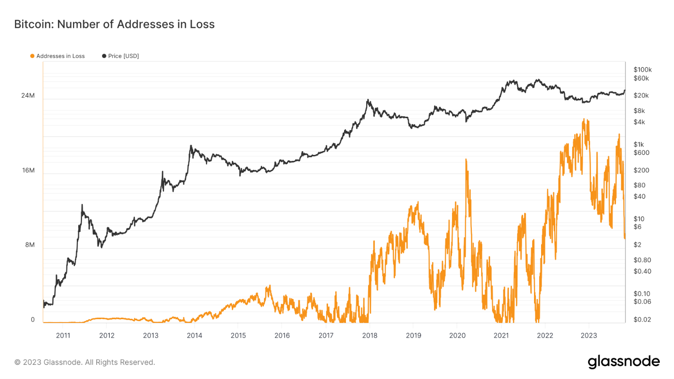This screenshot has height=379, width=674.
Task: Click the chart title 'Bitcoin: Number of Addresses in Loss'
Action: coord(114,24)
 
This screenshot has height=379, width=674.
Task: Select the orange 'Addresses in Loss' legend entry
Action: coord(58,56)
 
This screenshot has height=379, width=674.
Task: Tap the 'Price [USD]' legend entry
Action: coord(121,56)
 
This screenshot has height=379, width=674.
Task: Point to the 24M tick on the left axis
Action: coord(28,96)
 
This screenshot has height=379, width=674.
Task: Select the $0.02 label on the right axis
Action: coord(641,320)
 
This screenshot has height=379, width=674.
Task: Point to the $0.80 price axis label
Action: coord(641,260)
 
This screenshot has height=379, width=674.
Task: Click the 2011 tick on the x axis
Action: coord(63,336)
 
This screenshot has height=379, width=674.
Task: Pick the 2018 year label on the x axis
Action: coord(370,336)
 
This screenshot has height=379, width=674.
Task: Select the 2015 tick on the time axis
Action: coord(238,336)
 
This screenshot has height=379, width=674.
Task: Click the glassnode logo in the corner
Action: coord(624,362)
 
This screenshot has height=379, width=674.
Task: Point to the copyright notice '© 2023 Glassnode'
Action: coord(85,363)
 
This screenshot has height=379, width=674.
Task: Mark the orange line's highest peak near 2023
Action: coord(584,120)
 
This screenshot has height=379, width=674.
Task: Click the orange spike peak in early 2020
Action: coord(466,160)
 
